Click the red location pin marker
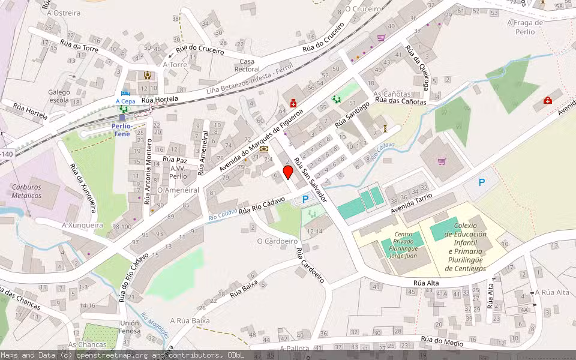[288, 172]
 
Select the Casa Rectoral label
[247, 65]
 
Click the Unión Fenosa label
[130, 328]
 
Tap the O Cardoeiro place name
[277, 241]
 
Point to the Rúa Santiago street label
[352, 114]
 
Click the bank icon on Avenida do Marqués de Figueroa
[263, 149]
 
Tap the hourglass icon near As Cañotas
[385, 128]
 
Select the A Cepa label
[125, 101]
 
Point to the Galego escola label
[59, 96]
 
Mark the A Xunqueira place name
[83, 226]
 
